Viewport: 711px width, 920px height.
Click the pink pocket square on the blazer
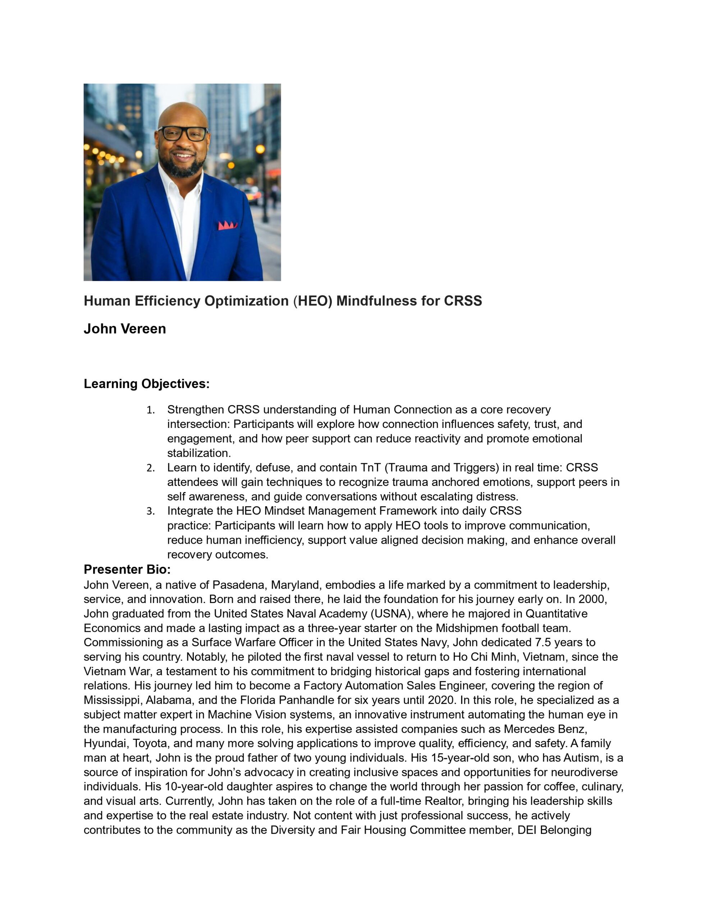pos(227,225)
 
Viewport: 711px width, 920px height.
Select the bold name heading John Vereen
pos(125,328)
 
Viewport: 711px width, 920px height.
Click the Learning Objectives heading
pos(147,384)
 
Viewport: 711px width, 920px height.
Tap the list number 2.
pos(151,468)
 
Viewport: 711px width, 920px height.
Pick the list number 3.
pos(151,511)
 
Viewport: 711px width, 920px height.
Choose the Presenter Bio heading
pos(127,570)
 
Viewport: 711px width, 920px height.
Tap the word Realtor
pos(444,801)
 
